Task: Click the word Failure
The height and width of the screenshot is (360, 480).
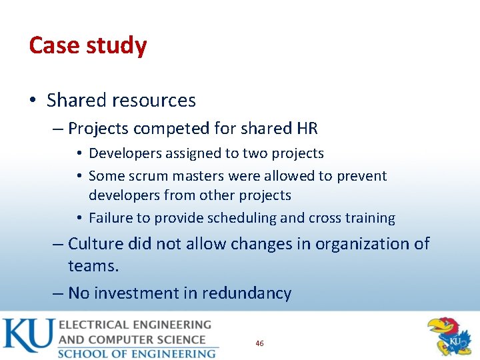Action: coord(111,218)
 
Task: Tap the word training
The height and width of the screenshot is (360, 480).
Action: coord(370,218)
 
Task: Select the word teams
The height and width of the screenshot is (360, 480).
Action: coord(93,266)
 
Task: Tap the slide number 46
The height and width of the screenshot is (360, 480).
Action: coord(259,343)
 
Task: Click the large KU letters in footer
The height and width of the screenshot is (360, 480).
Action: coord(27,337)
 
